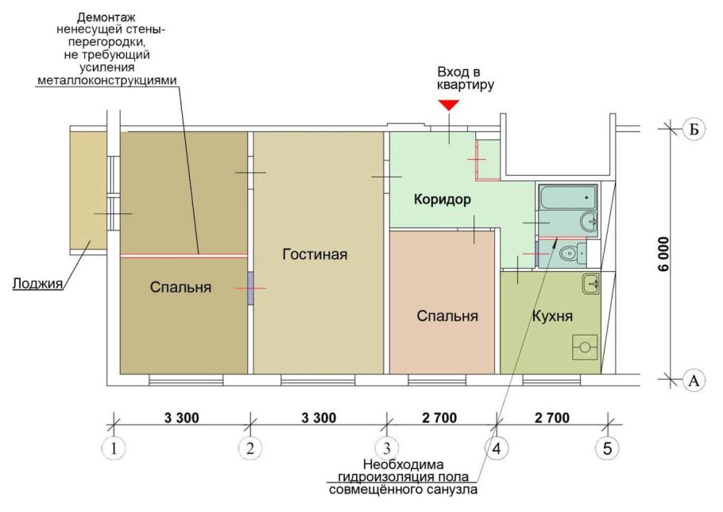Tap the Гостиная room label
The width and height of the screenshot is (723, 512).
point(315,254)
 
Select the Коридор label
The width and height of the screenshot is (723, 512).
point(442,200)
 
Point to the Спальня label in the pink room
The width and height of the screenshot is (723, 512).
point(447,316)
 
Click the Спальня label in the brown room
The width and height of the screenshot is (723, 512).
point(180,287)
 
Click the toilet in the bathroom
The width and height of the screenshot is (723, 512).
point(568,254)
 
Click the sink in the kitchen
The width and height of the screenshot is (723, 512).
point(590,282)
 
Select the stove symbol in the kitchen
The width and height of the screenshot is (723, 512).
point(586,347)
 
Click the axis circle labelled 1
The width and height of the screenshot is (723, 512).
point(114,448)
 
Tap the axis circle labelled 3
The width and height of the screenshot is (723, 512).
point(386,448)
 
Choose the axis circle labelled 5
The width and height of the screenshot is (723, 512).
point(607,448)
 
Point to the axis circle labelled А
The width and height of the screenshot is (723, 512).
point(694,381)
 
